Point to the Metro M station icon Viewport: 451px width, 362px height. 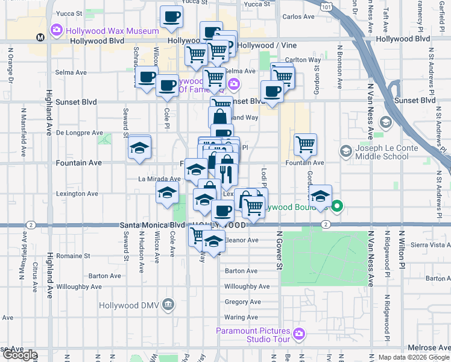(40, 37)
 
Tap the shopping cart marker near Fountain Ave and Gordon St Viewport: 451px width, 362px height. (306, 144)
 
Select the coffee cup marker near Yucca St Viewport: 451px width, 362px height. (171, 17)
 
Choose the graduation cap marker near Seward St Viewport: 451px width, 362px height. (139, 148)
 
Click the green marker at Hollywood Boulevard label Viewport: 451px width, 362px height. (337, 207)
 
